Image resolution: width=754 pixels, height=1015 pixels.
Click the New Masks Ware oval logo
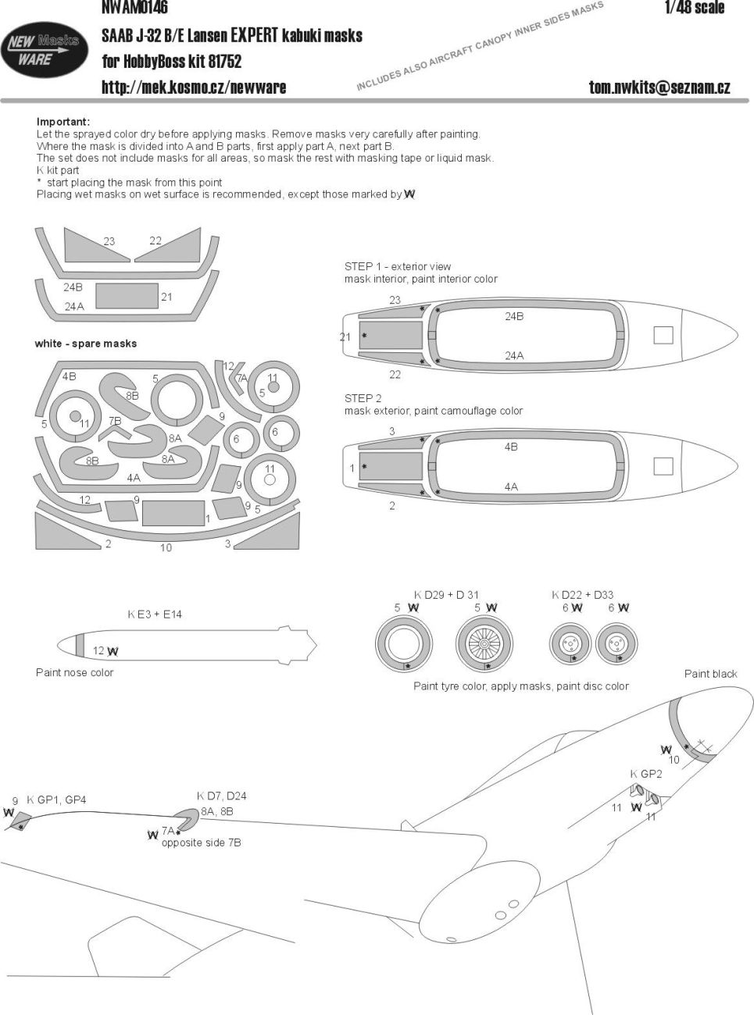44,49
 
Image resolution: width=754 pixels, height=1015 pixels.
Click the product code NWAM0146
134,9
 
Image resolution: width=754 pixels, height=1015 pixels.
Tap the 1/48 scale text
694,9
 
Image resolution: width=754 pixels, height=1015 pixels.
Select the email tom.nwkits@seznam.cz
659,87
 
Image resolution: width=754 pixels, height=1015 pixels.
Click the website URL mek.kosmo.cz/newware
194,87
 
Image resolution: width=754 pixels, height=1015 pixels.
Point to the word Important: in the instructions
63,122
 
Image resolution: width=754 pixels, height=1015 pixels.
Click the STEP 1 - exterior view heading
398,266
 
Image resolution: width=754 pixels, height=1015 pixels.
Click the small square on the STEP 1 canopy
663,335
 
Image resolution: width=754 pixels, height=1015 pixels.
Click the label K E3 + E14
155,614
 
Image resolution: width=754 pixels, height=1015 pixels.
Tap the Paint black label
710,674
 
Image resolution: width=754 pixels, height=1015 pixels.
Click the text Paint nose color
74,672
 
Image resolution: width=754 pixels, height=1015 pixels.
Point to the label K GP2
646,774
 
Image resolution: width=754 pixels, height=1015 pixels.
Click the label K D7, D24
221,796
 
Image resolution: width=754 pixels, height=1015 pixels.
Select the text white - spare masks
86,344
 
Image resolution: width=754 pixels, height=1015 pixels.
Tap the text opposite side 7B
201,842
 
